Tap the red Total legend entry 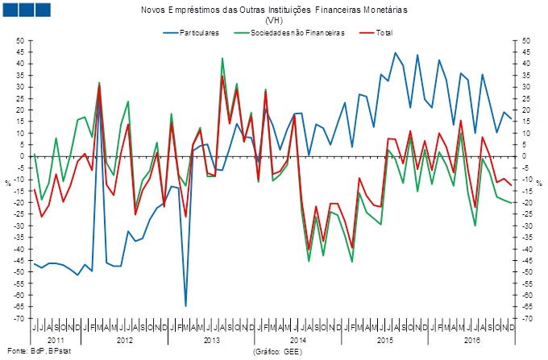pos(380,33)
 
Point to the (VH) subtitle pos(274,20)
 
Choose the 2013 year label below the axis pos(211,341)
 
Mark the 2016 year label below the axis pos(475,341)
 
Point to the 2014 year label pos(299,341)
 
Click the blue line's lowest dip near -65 pos(185,306)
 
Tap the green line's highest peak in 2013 pos(222,58)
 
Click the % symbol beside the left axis pos(9,183)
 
